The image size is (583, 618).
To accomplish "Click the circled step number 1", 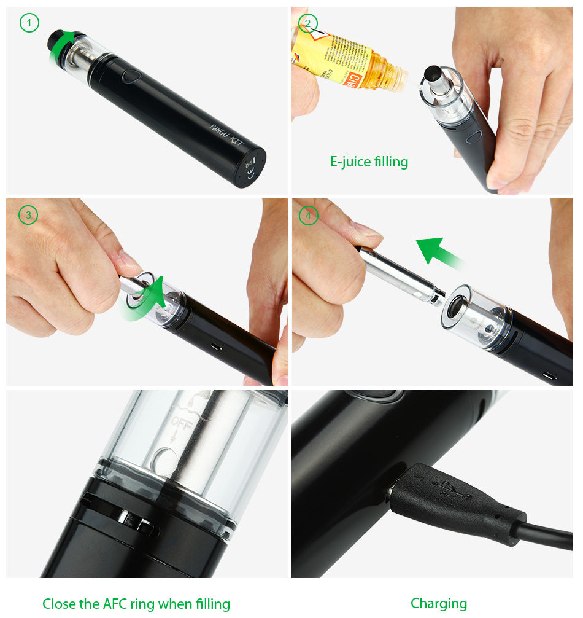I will (29, 23).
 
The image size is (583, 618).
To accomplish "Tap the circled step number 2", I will (308, 23).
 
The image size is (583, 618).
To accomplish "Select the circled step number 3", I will (28, 215).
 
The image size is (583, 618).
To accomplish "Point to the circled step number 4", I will (309, 215).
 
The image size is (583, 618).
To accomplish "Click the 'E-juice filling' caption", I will (369, 162).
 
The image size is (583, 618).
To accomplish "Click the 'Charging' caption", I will (439, 603).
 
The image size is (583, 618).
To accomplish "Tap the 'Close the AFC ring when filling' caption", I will (136, 604).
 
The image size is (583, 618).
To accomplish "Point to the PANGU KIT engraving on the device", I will (227, 136).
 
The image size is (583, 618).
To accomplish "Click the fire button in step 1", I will (131, 77).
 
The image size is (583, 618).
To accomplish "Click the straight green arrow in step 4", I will (437, 251).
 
